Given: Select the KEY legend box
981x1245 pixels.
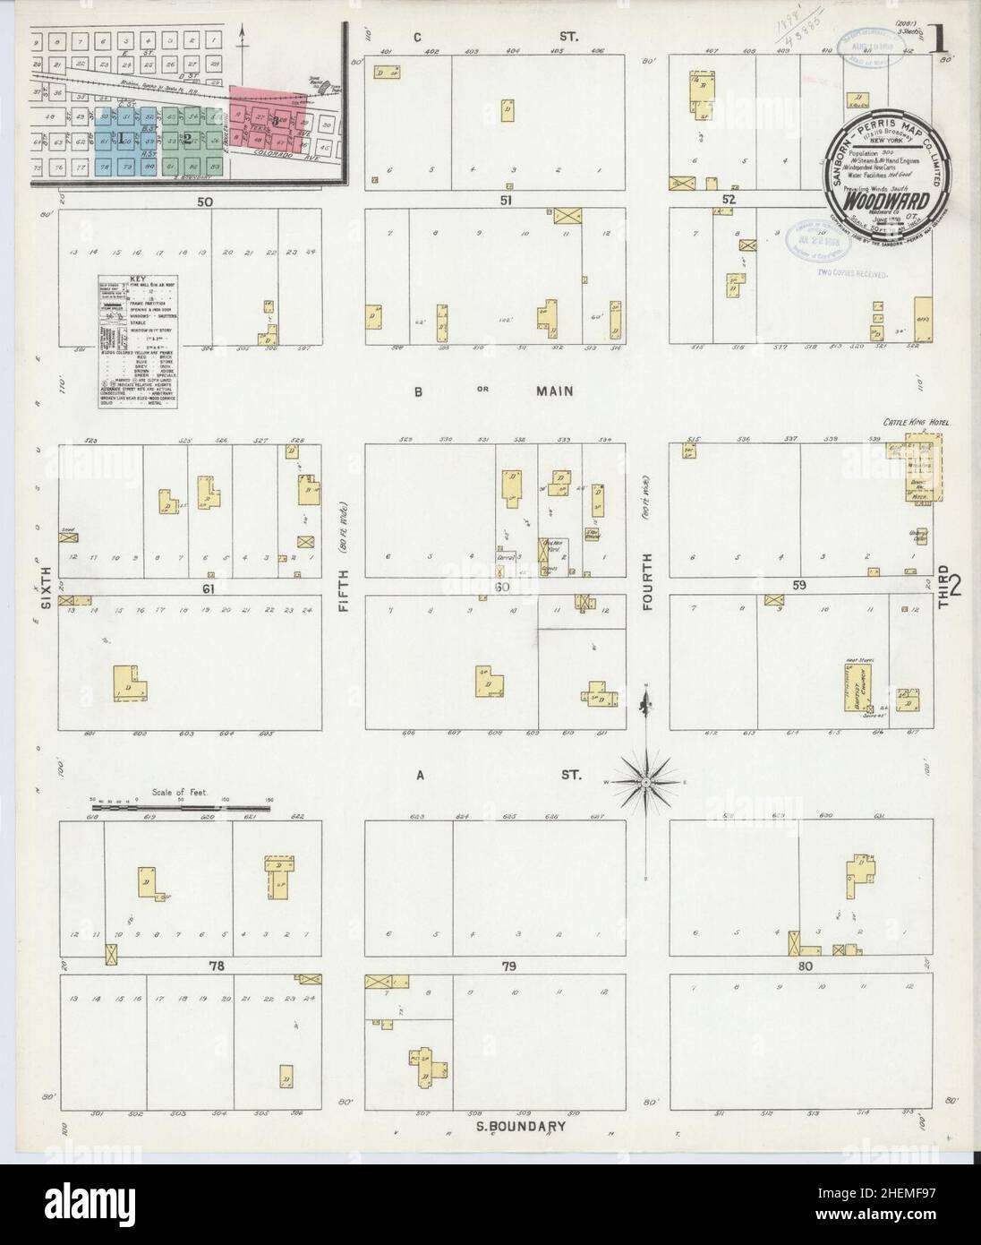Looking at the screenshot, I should [x=137, y=343].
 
